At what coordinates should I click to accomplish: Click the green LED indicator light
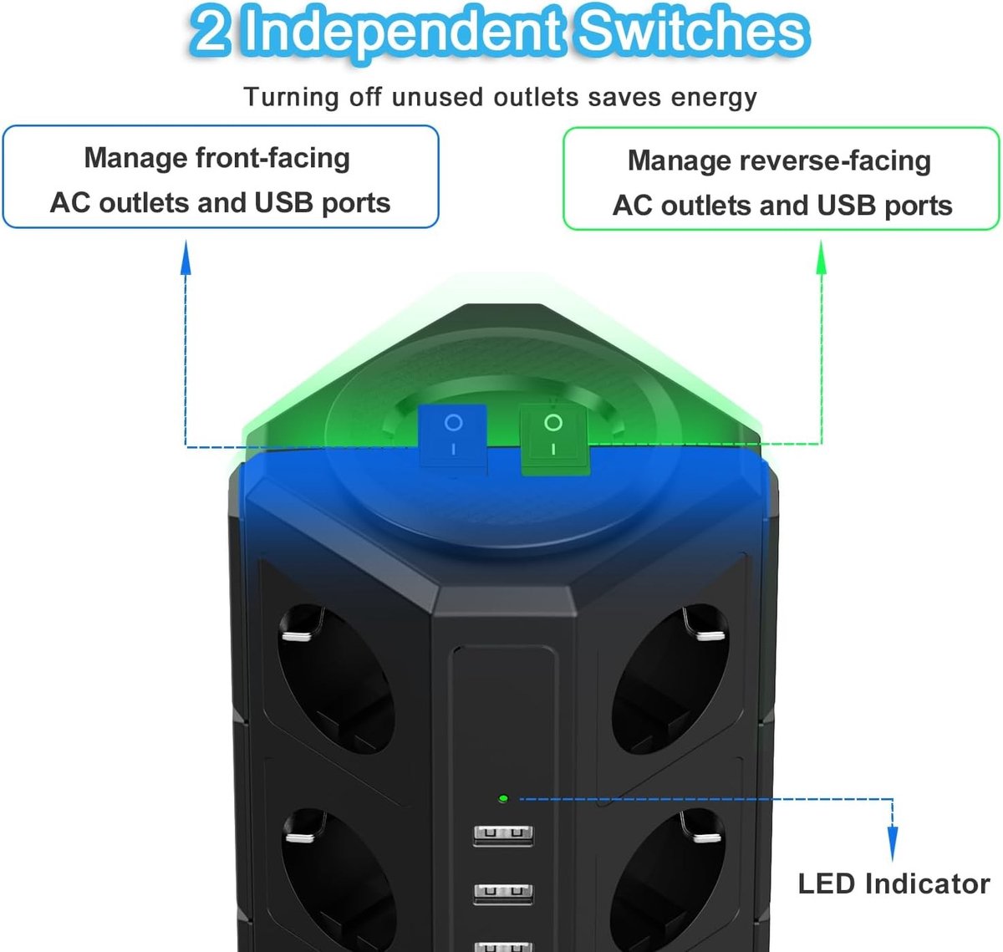[503, 798]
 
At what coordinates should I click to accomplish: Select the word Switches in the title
[693, 32]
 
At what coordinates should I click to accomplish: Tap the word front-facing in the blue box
[273, 158]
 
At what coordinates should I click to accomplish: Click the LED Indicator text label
[894, 883]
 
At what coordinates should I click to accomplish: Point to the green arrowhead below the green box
[822, 257]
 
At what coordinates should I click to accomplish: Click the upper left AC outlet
[337, 679]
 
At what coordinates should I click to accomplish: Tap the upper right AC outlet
[670, 679]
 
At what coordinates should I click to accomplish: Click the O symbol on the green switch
[553, 422]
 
